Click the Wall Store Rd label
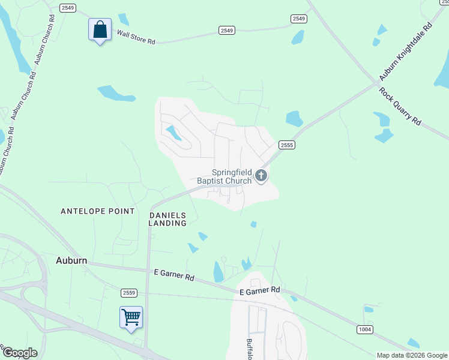(x=136, y=37)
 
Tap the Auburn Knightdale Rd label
(x=405, y=53)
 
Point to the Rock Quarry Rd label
(x=400, y=107)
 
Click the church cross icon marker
(x=261, y=175)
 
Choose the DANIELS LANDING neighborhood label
(x=168, y=219)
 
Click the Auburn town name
(x=71, y=260)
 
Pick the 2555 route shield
(x=286, y=145)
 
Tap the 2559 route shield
(x=128, y=292)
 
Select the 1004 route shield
(x=364, y=329)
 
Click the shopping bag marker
(x=100, y=29)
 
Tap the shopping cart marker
(x=131, y=317)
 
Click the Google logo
(x=20, y=352)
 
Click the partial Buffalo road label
(x=249, y=349)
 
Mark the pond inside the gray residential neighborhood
(x=173, y=133)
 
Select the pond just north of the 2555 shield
(x=294, y=118)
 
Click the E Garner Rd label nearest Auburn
(x=174, y=277)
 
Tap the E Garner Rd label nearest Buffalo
(x=259, y=290)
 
